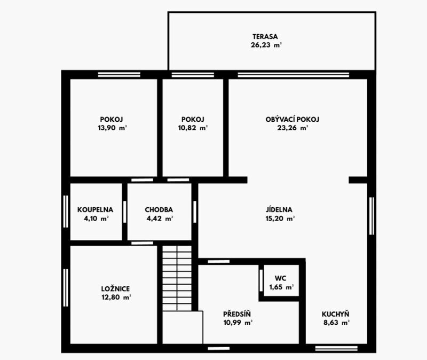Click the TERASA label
coord(265,36)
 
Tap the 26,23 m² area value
coord(266,45)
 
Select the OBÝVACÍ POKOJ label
coord(292,119)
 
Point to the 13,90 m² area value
coord(113,128)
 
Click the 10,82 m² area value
coord(193,128)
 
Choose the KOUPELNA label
coord(96,209)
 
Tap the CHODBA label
coord(159,209)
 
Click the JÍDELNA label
coord(279,209)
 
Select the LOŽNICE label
coord(115,288)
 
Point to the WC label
coord(281,278)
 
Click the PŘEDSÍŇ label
coord(237,314)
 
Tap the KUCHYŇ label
coord(336,314)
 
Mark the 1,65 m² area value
coord(282,287)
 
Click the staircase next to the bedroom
coord(177,278)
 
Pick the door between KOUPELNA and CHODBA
coord(125,212)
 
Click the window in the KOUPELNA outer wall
coord(66,212)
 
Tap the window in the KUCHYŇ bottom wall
coord(336,348)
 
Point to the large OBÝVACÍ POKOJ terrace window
coord(293,75)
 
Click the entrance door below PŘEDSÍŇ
coord(219,348)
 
